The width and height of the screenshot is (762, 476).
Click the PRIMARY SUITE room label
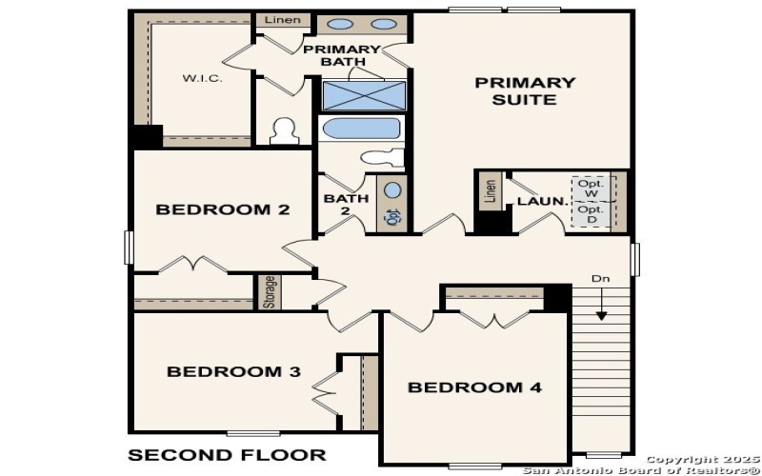(525, 90)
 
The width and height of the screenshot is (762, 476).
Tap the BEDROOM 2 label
(222, 209)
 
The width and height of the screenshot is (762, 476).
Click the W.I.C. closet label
(202, 78)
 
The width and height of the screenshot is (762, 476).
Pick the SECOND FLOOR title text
(227, 454)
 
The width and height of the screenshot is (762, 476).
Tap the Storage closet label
(270, 292)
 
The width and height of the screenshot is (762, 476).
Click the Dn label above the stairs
(600, 279)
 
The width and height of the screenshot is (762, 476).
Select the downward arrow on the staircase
(601, 307)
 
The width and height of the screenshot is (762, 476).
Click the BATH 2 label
(340, 205)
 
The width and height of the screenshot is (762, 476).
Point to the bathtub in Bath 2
(361, 128)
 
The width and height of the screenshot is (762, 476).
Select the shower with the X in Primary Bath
(364, 95)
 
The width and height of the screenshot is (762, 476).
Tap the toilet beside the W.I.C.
(284, 130)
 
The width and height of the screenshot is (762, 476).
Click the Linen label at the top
(282, 20)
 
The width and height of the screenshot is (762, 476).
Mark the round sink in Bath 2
(393, 189)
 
